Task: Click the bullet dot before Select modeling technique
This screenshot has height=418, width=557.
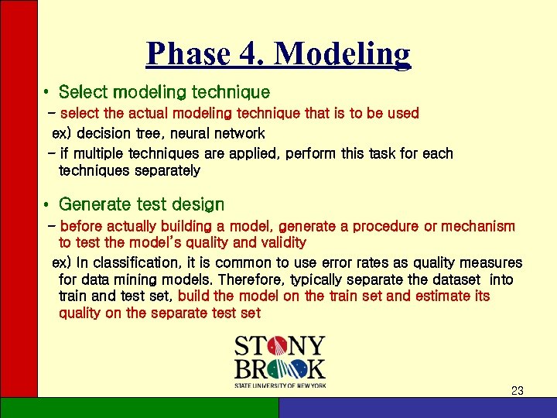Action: [x=46, y=94]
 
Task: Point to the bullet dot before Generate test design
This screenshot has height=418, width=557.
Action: [x=46, y=206]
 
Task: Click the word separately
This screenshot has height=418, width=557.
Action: [x=162, y=170]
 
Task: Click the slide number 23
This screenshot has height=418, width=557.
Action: [x=518, y=391]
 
